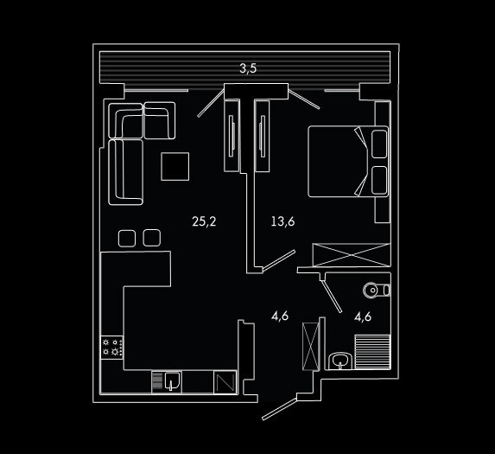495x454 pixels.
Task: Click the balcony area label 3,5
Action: pos(248,68)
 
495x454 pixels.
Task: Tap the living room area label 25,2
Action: pos(204,221)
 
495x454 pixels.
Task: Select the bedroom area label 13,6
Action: pos(282,221)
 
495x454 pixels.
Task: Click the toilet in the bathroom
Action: pos(377,290)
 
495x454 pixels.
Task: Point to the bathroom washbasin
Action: pos(340,361)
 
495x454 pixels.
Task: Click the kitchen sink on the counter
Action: pos(172,381)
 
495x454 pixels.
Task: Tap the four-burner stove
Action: pos(111,347)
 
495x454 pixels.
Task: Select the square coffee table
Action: pos(175,167)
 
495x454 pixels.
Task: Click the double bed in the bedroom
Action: pos(348,162)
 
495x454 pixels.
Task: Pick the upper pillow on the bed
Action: pos(379,144)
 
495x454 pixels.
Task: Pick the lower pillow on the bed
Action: pos(379,180)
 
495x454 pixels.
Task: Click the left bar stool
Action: pos(127,238)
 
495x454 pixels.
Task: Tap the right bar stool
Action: pos(151,238)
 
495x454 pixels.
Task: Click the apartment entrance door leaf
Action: pos(280,409)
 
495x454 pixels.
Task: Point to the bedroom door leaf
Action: pos(279,260)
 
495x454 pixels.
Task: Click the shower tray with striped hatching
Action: pos(372,352)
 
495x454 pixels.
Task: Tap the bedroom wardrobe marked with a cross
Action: pos(352,254)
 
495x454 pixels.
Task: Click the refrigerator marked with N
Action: pos(225,382)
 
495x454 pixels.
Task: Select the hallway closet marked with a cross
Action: pos(311,346)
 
